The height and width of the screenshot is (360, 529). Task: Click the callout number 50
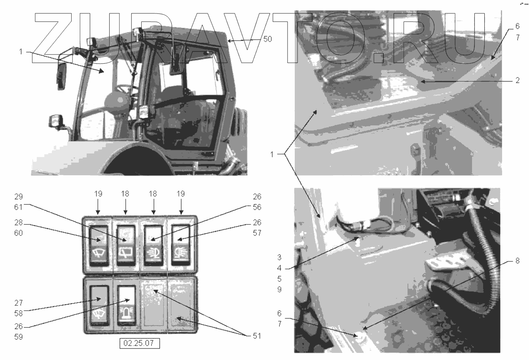point(267,39)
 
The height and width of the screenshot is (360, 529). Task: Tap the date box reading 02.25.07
point(140,343)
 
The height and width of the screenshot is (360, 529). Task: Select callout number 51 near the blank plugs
point(257,336)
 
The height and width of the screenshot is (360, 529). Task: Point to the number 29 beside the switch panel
point(19,197)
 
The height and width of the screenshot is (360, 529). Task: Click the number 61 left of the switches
point(19,207)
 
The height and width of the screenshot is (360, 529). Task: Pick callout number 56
point(257,207)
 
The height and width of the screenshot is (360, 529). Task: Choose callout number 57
point(257,233)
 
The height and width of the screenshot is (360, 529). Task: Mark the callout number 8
point(518,261)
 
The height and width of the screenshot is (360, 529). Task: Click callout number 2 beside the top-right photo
point(518,80)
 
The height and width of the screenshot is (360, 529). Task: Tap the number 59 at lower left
point(19,337)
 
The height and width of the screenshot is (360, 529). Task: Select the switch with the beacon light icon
point(126,306)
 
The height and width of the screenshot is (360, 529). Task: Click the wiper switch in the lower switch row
point(99,306)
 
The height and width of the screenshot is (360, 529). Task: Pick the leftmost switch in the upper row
point(99,246)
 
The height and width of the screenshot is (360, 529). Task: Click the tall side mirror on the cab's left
point(61,76)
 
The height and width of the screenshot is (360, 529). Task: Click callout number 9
point(279,290)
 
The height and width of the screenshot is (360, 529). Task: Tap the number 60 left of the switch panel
point(19,233)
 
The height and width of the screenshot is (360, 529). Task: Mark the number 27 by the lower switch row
point(19,303)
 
